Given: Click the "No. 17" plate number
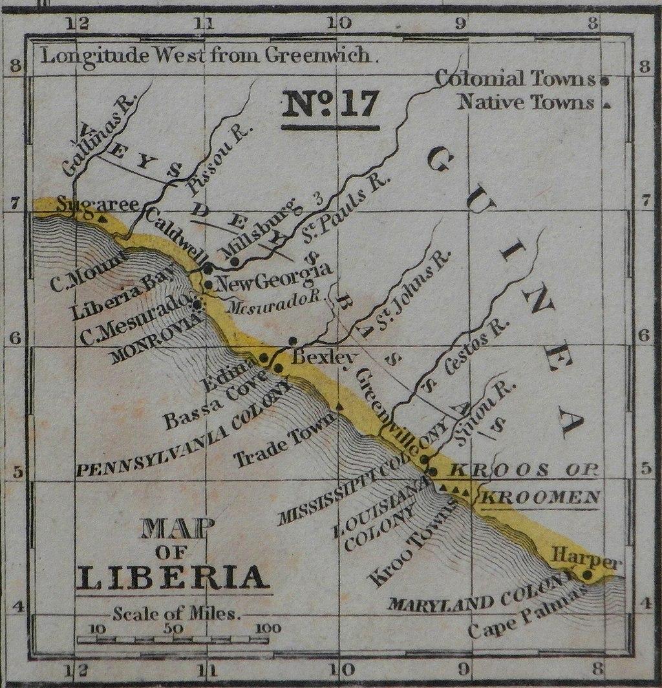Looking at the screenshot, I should point(330,105).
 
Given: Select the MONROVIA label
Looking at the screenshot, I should point(153,340).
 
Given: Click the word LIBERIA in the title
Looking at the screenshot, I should point(171,576).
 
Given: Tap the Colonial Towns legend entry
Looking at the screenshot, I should point(515,80).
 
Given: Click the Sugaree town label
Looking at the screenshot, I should point(98,206).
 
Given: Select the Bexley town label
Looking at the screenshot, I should point(315,358).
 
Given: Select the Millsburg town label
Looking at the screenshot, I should point(261,227).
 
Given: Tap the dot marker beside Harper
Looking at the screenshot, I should point(587,574).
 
